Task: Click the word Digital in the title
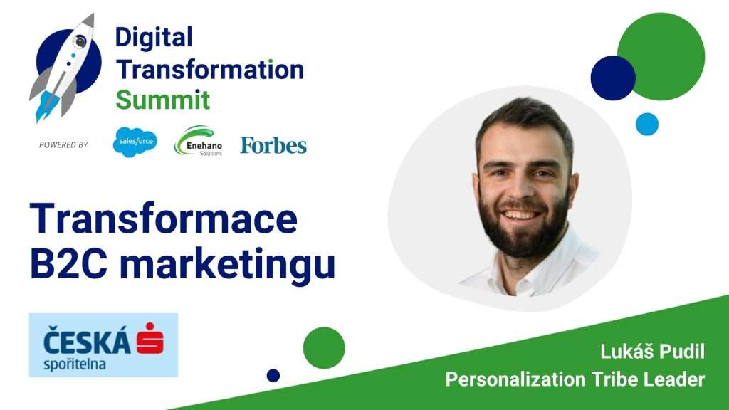coord(154,37)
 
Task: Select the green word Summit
coord(163,100)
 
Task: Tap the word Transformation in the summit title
coord(210,70)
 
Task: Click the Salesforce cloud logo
coord(135,142)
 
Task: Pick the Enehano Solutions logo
coord(198,141)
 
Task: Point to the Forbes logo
coord(273,145)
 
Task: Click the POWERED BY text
coord(63,145)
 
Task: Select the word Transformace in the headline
coord(164,219)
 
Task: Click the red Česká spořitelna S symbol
coord(150,338)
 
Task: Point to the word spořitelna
coord(75,364)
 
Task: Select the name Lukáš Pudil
coord(652,352)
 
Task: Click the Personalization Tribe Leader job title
coord(575,379)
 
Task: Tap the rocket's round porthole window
coord(80,42)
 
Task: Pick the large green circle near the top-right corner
coord(661,56)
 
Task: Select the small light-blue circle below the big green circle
coord(647,124)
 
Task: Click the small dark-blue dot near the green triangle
coord(273,376)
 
